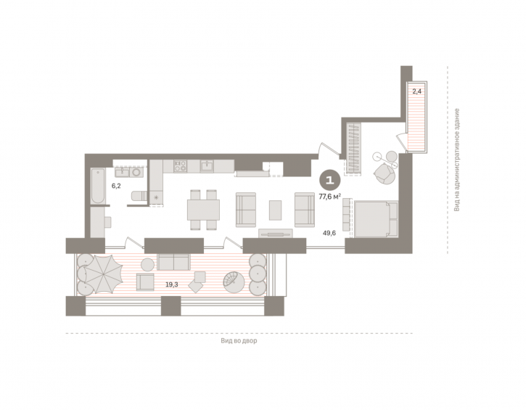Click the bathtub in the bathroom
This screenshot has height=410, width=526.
click(x=98, y=186)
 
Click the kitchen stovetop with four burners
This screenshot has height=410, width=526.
click(x=180, y=166)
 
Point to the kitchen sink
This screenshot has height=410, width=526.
click(x=207, y=166)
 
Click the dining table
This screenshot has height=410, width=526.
click(x=203, y=210)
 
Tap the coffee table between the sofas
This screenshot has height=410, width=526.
click(x=276, y=210)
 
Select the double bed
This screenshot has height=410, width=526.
click(x=376, y=219)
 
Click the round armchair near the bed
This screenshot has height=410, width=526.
click(x=384, y=173)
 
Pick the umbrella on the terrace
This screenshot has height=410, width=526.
click(x=103, y=274)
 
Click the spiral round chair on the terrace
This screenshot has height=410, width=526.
click(x=235, y=282)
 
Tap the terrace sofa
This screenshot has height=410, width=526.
click(x=173, y=262)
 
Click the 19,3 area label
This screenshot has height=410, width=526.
click(x=172, y=285)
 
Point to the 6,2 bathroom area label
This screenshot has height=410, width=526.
click(x=116, y=186)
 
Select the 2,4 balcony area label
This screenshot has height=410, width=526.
click(x=417, y=91)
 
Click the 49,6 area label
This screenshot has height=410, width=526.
click(x=329, y=233)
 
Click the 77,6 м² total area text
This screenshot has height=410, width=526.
click(x=330, y=197)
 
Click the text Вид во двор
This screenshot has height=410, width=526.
click(x=239, y=341)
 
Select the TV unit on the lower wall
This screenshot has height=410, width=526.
click(x=276, y=234)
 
